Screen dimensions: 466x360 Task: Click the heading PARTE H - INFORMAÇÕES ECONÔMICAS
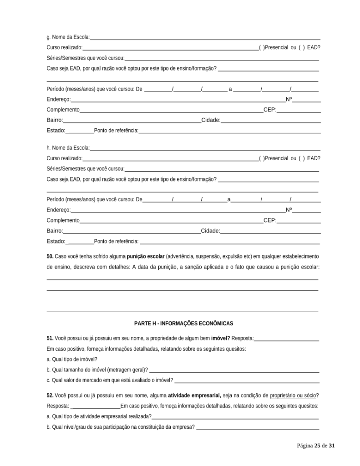pyautogui.click(x=183, y=324)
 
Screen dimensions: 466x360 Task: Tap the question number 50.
pyautogui.click(x=50, y=257)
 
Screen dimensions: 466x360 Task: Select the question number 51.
pyautogui.click(x=50, y=339)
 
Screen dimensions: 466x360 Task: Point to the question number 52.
pyautogui.click(x=50, y=395)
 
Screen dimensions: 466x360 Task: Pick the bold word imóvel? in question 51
pyautogui.click(x=221, y=339)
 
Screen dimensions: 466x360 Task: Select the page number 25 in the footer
pyautogui.click(x=317, y=446)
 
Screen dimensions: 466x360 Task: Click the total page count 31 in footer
pyautogui.click(x=332, y=446)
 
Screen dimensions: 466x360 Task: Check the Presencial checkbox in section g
pyautogui.click(x=262, y=47)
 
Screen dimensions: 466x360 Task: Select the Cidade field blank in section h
pyautogui.click(x=270, y=231)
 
